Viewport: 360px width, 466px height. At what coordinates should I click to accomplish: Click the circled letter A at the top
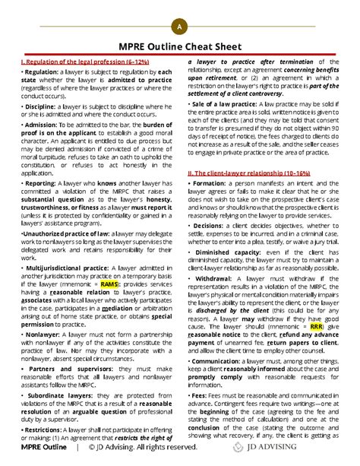click(179, 27)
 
